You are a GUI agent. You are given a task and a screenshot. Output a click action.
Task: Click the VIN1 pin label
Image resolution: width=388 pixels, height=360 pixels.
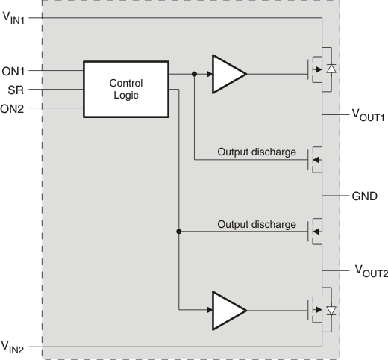pyautogui.click(x=13, y=18)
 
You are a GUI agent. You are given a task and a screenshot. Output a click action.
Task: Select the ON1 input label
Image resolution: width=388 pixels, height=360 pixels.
pyautogui.click(x=13, y=72)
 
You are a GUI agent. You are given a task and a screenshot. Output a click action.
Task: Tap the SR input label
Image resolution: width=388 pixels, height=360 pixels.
pyautogui.click(x=16, y=90)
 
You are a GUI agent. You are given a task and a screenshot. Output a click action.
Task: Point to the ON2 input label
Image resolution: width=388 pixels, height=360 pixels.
pyautogui.click(x=12, y=109)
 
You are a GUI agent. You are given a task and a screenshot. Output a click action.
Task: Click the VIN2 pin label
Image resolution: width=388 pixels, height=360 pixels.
pyautogui.click(x=13, y=347)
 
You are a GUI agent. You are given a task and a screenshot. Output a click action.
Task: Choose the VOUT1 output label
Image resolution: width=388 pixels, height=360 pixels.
pyautogui.click(x=368, y=115)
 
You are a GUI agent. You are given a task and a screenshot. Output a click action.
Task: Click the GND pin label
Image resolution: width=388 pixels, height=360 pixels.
pyautogui.click(x=364, y=196)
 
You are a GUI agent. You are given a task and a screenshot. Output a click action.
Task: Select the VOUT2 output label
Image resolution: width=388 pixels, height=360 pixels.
pyautogui.click(x=372, y=271)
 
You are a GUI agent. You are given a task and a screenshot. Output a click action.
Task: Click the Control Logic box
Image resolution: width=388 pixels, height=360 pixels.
pyautogui.click(x=126, y=89)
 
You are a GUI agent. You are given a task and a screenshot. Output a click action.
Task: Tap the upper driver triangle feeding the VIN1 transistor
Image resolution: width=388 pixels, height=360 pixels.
pyautogui.click(x=229, y=74)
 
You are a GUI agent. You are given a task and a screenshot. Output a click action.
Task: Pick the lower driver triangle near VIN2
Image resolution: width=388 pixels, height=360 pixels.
pyautogui.click(x=229, y=311)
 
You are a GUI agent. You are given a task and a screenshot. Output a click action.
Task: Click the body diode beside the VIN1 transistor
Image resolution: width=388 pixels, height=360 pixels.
pyautogui.click(x=331, y=69)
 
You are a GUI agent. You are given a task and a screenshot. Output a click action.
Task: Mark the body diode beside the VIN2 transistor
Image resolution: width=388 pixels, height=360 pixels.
pyautogui.click(x=331, y=311)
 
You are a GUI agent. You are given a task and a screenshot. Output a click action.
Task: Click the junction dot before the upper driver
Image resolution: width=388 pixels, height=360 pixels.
pyautogui.click(x=194, y=74)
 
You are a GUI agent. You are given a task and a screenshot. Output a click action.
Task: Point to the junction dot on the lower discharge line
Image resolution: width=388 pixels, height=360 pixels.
pyautogui.click(x=178, y=232)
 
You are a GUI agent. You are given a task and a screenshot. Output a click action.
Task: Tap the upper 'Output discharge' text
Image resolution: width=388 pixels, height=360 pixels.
pyautogui.click(x=257, y=152)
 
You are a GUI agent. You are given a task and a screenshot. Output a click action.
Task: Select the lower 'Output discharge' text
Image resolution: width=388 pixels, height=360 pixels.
pyautogui.click(x=257, y=224)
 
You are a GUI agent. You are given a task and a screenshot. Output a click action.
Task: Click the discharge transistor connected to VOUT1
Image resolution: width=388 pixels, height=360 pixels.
pyautogui.click(x=315, y=160)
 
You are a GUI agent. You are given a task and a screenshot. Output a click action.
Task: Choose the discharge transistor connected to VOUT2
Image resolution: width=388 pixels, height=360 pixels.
pyautogui.click(x=315, y=232)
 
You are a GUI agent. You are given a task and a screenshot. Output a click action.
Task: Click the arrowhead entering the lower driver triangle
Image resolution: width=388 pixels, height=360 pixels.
pyautogui.click(x=210, y=310)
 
